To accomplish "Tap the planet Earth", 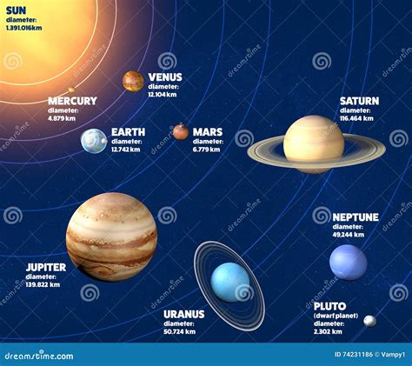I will point(94,141).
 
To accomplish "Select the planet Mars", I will point(180,131).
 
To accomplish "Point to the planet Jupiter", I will point(111,236).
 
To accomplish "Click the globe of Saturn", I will point(314,143).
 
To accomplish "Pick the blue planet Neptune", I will point(349,262).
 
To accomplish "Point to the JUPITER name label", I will point(46,268).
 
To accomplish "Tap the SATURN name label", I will point(359,101).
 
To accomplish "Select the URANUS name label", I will point(183,314).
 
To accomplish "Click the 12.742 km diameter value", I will point(127,150).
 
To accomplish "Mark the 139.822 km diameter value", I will point(43,284).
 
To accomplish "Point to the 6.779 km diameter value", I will point(207,150).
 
